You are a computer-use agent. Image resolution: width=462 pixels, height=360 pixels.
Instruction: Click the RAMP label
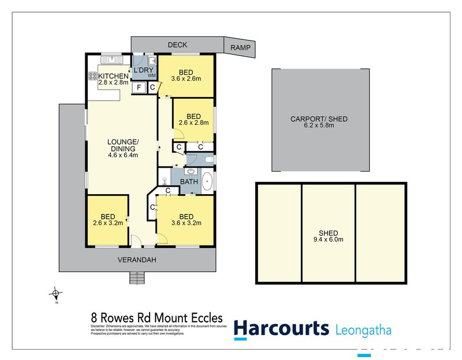pyautogui.click(x=240, y=48)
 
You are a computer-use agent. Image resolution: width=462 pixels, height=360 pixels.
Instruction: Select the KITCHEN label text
pyautogui.click(x=113, y=76)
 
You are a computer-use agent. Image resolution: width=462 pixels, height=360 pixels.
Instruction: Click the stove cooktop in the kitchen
pyautogui.click(x=92, y=77)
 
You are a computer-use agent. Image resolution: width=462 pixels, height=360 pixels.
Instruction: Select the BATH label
pyautogui.click(x=189, y=182)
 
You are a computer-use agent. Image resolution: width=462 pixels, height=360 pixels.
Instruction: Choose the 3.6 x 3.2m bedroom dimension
pyautogui.click(x=186, y=222)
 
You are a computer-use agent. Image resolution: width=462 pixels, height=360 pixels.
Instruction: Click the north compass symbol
pyautogui.click(x=55, y=293)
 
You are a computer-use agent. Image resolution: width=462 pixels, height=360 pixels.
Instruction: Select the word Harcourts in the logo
pyautogui.click(x=281, y=329)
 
